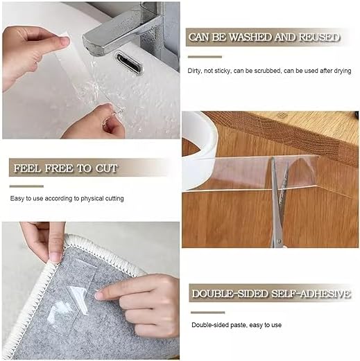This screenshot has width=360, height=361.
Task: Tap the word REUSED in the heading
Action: coord(319,37)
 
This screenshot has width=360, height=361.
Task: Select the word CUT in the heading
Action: coord(107,168)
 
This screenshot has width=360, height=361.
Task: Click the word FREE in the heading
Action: coord(58,168)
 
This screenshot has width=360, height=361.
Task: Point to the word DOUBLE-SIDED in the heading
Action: coord(230,294)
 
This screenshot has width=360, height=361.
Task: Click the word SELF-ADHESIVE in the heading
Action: coord(311,294)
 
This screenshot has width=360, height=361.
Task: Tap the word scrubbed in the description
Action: coord(268,71)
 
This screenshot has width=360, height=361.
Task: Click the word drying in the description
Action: coord(343,71)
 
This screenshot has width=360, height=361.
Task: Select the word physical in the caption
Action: coord(92,199)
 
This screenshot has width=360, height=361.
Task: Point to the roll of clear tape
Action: coord(199,150)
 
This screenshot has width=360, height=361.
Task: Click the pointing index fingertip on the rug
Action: coord(99,295)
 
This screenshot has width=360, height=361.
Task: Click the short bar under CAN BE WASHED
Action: coord(205,57)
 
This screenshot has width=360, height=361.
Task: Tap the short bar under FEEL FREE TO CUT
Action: coord(26,186)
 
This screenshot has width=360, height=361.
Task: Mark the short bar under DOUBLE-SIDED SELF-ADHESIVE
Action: coord(207,312)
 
